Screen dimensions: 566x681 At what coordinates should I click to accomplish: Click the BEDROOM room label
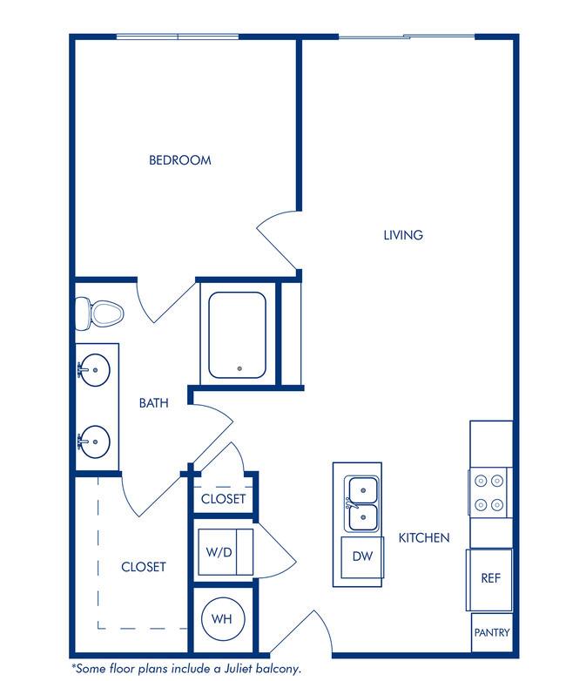pyautogui.click(x=180, y=160)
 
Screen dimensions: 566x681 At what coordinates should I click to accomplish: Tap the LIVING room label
pyautogui.click(x=403, y=235)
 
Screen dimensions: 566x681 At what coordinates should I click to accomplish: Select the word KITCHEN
pyautogui.click(x=424, y=537)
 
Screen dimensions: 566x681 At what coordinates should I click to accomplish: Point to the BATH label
pyautogui.click(x=154, y=403)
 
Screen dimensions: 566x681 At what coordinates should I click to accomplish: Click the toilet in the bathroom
pyautogui.click(x=99, y=314)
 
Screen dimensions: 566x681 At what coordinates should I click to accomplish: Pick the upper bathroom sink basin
pyautogui.click(x=95, y=369)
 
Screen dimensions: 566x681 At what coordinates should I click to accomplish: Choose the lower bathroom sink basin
pyautogui.click(x=95, y=442)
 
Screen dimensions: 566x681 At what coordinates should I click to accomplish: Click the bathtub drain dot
pyautogui.click(x=239, y=368)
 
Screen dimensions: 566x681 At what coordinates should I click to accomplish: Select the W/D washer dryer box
pyautogui.click(x=226, y=552)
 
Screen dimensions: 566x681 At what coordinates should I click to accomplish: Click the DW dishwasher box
pyautogui.click(x=362, y=557)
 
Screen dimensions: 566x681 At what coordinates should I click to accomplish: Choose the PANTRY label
pyautogui.click(x=492, y=632)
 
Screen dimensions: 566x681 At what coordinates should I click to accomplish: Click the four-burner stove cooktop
pyautogui.click(x=489, y=493)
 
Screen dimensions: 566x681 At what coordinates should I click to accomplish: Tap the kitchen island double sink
pyautogui.click(x=361, y=504)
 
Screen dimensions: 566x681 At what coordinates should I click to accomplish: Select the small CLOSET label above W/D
pyautogui.click(x=223, y=499)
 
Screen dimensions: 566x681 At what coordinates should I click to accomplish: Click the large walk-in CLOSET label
pyautogui.click(x=144, y=567)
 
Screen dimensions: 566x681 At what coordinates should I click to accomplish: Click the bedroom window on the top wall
pyautogui.click(x=178, y=37)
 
